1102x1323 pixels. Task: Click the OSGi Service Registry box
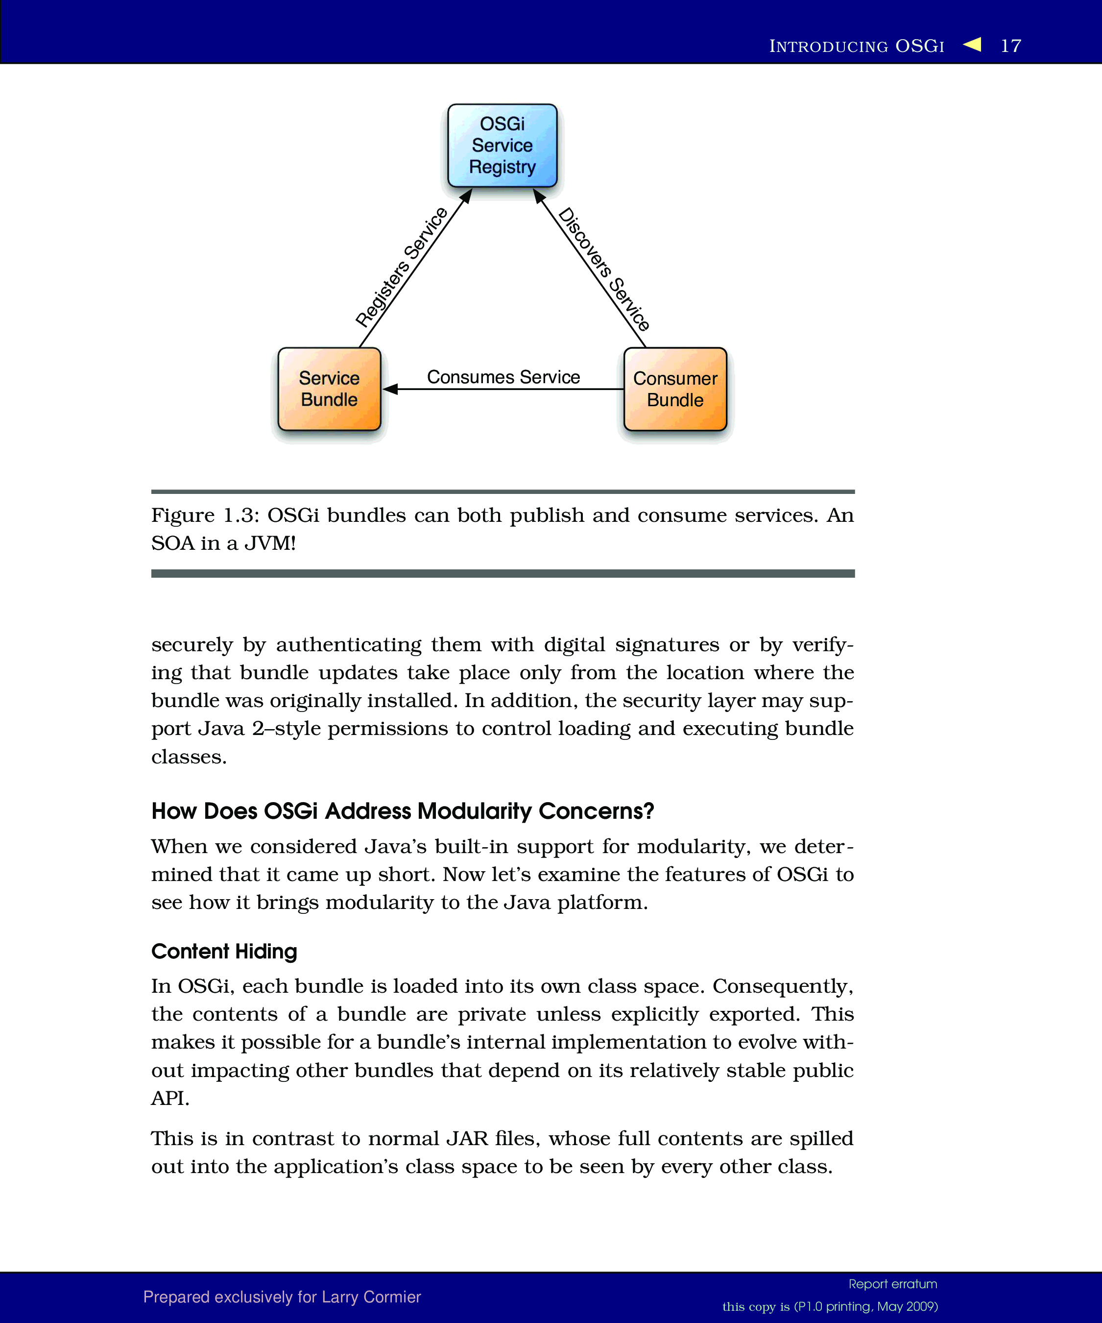tap(502, 146)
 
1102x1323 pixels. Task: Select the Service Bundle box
tap(329, 389)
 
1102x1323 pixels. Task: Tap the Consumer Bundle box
tap(675, 389)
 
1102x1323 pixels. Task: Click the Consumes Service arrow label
tap(503, 377)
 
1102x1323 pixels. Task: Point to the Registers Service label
tap(401, 267)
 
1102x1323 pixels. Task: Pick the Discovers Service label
tap(604, 269)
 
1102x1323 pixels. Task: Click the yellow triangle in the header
tap(972, 44)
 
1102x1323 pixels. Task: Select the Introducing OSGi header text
tap(857, 46)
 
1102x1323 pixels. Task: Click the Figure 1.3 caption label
tap(205, 515)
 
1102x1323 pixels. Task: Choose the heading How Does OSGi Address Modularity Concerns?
tap(403, 811)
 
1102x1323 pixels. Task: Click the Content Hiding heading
tap(223, 951)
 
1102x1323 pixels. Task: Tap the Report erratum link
tap(892, 1284)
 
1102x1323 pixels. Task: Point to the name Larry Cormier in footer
tap(371, 1297)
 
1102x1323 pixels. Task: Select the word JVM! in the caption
tap(269, 543)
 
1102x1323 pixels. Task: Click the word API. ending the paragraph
tap(170, 1098)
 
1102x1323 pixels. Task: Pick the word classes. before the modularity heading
tap(189, 757)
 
